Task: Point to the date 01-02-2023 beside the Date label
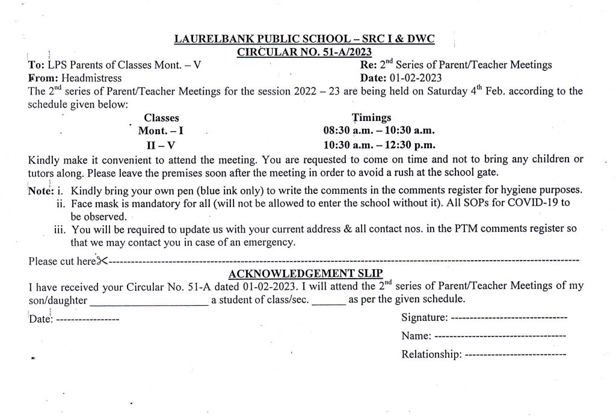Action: (x=414, y=78)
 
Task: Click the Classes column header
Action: (x=161, y=118)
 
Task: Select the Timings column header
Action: (x=371, y=118)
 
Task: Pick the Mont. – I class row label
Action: (x=161, y=131)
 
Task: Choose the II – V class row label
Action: (x=161, y=145)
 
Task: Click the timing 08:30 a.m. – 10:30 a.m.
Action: (x=379, y=131)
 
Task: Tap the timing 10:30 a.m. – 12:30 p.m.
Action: (x=379, y=145)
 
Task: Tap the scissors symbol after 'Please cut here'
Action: (x=102, y=261)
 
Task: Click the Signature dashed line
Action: (x=508, y=318)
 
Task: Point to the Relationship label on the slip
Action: (x=431, y=355)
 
